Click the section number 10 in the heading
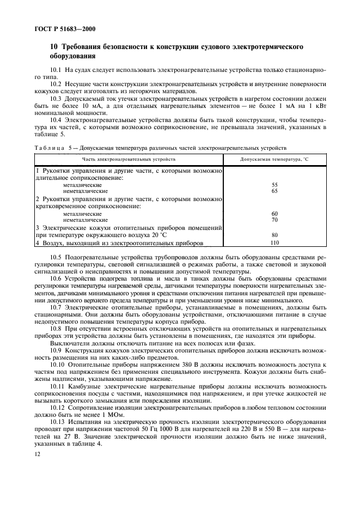point(54,47)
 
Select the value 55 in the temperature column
point(274,185)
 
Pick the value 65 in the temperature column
point(274,191)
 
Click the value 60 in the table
point(274,214)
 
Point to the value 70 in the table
point(274,220)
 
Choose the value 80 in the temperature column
point(274,235)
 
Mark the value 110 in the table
point(274,243)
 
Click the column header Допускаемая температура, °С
point(274,159)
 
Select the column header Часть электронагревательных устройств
point(129,159)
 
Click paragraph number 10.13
point(57,422)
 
